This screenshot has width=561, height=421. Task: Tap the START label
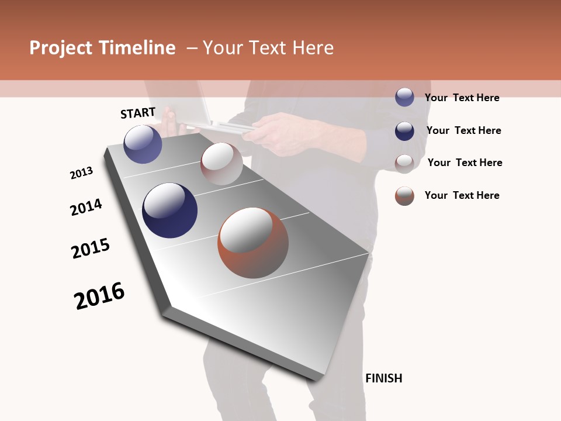138,113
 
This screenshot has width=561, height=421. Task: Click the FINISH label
383,378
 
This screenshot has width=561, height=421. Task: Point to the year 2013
81,173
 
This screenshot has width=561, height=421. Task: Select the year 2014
86,207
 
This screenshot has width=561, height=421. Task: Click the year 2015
91,249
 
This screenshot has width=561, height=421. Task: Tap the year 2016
99,295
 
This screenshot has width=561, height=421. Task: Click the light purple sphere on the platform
143,144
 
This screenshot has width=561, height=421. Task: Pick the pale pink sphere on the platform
221,163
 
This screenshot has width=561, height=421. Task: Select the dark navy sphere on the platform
169,210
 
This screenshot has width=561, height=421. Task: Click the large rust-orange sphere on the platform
253,243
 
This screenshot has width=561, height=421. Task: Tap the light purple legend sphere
404,97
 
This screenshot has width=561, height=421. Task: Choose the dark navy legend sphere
404,130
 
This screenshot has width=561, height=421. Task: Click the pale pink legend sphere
404,163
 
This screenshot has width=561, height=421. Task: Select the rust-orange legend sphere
404,196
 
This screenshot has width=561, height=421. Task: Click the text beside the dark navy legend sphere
463,130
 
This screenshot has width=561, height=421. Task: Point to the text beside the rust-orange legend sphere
462,195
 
